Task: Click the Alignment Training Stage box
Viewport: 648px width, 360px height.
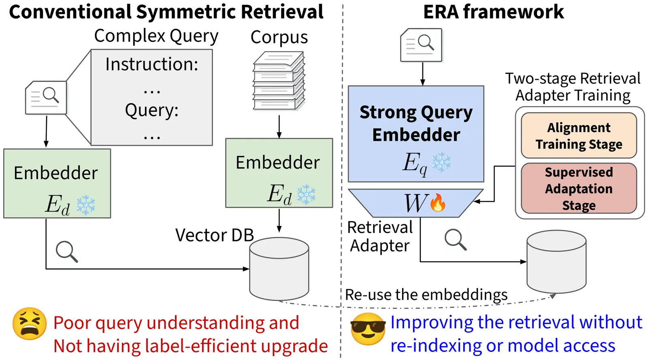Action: coord(579,136)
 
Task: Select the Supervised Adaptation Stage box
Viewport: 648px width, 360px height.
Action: coord(579,188)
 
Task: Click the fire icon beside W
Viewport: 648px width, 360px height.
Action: coord(438,202)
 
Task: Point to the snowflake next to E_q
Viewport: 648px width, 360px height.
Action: coord(441,162)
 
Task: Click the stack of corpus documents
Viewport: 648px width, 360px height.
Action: coord(279,81)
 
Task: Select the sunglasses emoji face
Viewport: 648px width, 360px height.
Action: coord(368,328)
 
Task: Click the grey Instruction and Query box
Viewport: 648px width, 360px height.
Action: coord(152,98)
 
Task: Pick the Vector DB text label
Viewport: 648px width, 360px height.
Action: coord(214,235)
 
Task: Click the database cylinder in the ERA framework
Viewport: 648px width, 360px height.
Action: coord(556,262)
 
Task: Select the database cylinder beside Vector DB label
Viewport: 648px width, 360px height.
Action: coord(279,268)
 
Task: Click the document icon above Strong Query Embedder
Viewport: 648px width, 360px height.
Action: coord(421,45)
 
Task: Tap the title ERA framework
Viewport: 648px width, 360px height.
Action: coord(493,12)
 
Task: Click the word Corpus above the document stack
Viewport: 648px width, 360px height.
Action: coord(279,37)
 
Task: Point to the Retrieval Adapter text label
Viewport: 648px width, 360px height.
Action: coord(380,236)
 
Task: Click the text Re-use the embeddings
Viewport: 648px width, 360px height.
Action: coord(426,294)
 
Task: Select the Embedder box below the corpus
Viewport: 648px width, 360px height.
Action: coord(279,173)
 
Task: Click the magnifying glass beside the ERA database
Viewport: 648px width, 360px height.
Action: coord(456,239)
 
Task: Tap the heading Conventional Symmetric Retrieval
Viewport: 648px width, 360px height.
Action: coord(166,12)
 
